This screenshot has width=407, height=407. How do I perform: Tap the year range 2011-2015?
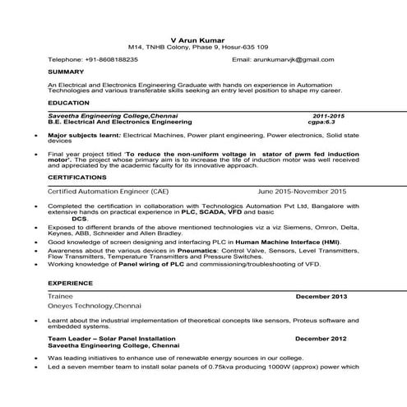(x=330, y=115)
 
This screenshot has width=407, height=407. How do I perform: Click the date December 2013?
(x=321, y=294)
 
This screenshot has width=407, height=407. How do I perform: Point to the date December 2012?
(x=321, y=338)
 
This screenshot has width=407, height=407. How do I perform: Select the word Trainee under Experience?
(x=61, y=294)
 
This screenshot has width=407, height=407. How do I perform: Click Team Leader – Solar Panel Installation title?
(x=112, y=338)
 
